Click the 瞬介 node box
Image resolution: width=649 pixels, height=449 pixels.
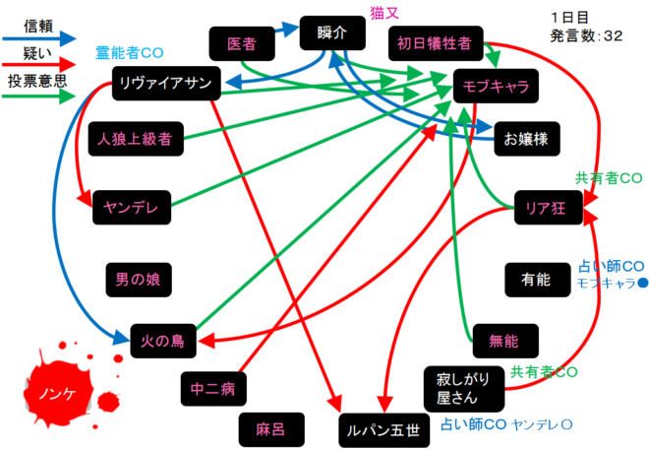(331, 32)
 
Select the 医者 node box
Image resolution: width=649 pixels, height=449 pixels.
(242, 43)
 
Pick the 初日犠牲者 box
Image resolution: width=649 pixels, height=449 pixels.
(435, 43)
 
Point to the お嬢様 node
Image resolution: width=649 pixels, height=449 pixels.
(527, 139)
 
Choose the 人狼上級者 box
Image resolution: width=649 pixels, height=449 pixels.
(136, 139)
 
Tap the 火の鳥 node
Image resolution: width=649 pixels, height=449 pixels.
(163, 342)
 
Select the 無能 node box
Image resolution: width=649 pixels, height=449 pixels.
(502, 341)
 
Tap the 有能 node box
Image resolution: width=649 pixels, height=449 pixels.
(536, 280)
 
